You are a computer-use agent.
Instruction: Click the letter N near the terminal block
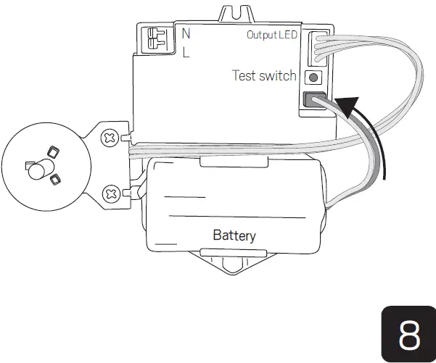coord(186,33)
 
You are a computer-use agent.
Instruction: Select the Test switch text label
coord(264,75)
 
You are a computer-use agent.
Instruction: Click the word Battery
coord(234,235)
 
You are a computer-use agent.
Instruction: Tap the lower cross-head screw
coord(112,193)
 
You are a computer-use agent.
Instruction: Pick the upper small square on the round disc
coord(52,152)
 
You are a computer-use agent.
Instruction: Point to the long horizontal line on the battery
coord(236,217)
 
